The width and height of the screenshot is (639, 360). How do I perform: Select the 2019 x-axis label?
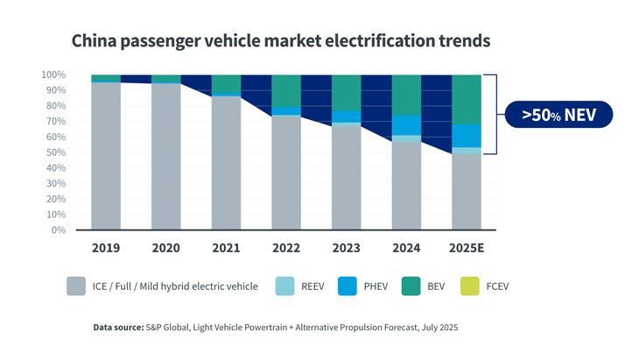pyautogui.click(x=105, y=248)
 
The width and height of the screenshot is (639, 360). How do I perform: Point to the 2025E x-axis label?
pyautogui.click(x=466, y=248)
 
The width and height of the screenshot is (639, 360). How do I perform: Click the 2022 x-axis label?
pyautogui.click(x=286, y=248)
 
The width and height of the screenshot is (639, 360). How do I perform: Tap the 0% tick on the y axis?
pyautogui.click(x=58, y=230)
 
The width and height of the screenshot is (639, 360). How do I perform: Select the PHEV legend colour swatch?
pyautogui.click(x=349, y=286)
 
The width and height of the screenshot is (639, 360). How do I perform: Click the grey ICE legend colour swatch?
pyautogui.click(x=77, y=286)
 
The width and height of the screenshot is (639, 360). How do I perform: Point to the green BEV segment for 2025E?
pyautogui.click(x=467, y=99)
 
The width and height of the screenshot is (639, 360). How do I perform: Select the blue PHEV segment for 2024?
pyautogui.click(x=406, y=125)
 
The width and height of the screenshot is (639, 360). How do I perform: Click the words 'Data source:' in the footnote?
pyautogui.click(x=118, y=328)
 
